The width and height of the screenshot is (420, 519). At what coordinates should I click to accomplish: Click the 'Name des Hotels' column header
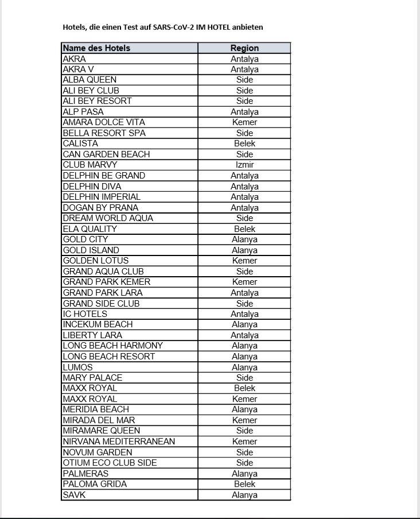(96, 48)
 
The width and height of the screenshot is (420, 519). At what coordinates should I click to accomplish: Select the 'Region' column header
(244, 48)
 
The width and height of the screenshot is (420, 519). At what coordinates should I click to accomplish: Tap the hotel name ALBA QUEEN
(90, 80)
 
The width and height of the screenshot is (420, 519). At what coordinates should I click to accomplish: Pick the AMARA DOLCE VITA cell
(104, 122)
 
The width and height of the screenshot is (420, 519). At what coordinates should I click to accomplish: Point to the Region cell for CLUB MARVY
(244, 165)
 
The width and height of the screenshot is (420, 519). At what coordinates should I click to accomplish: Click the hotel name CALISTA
(80, 144)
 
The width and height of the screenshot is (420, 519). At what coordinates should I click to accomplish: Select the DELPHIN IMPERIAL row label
(102, 197)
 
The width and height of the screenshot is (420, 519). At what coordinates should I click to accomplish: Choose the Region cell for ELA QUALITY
(244, 229)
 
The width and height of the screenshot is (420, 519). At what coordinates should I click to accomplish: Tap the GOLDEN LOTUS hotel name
(96, 261)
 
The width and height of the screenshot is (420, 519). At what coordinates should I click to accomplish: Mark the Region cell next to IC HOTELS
(244, 314)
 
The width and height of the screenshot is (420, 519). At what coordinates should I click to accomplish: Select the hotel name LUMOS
(77, 367)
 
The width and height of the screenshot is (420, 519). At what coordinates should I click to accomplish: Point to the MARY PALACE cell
(92, 378)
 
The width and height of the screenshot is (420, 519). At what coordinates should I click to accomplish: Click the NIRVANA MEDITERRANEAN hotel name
(119, 441)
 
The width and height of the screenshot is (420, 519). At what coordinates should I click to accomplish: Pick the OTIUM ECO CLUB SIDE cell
(110, 463)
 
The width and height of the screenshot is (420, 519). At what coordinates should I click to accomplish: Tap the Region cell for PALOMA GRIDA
(244, 484)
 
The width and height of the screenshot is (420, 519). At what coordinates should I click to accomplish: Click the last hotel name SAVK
(74, 495)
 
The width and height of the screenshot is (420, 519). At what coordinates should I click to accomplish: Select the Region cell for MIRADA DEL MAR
(244, 420)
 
